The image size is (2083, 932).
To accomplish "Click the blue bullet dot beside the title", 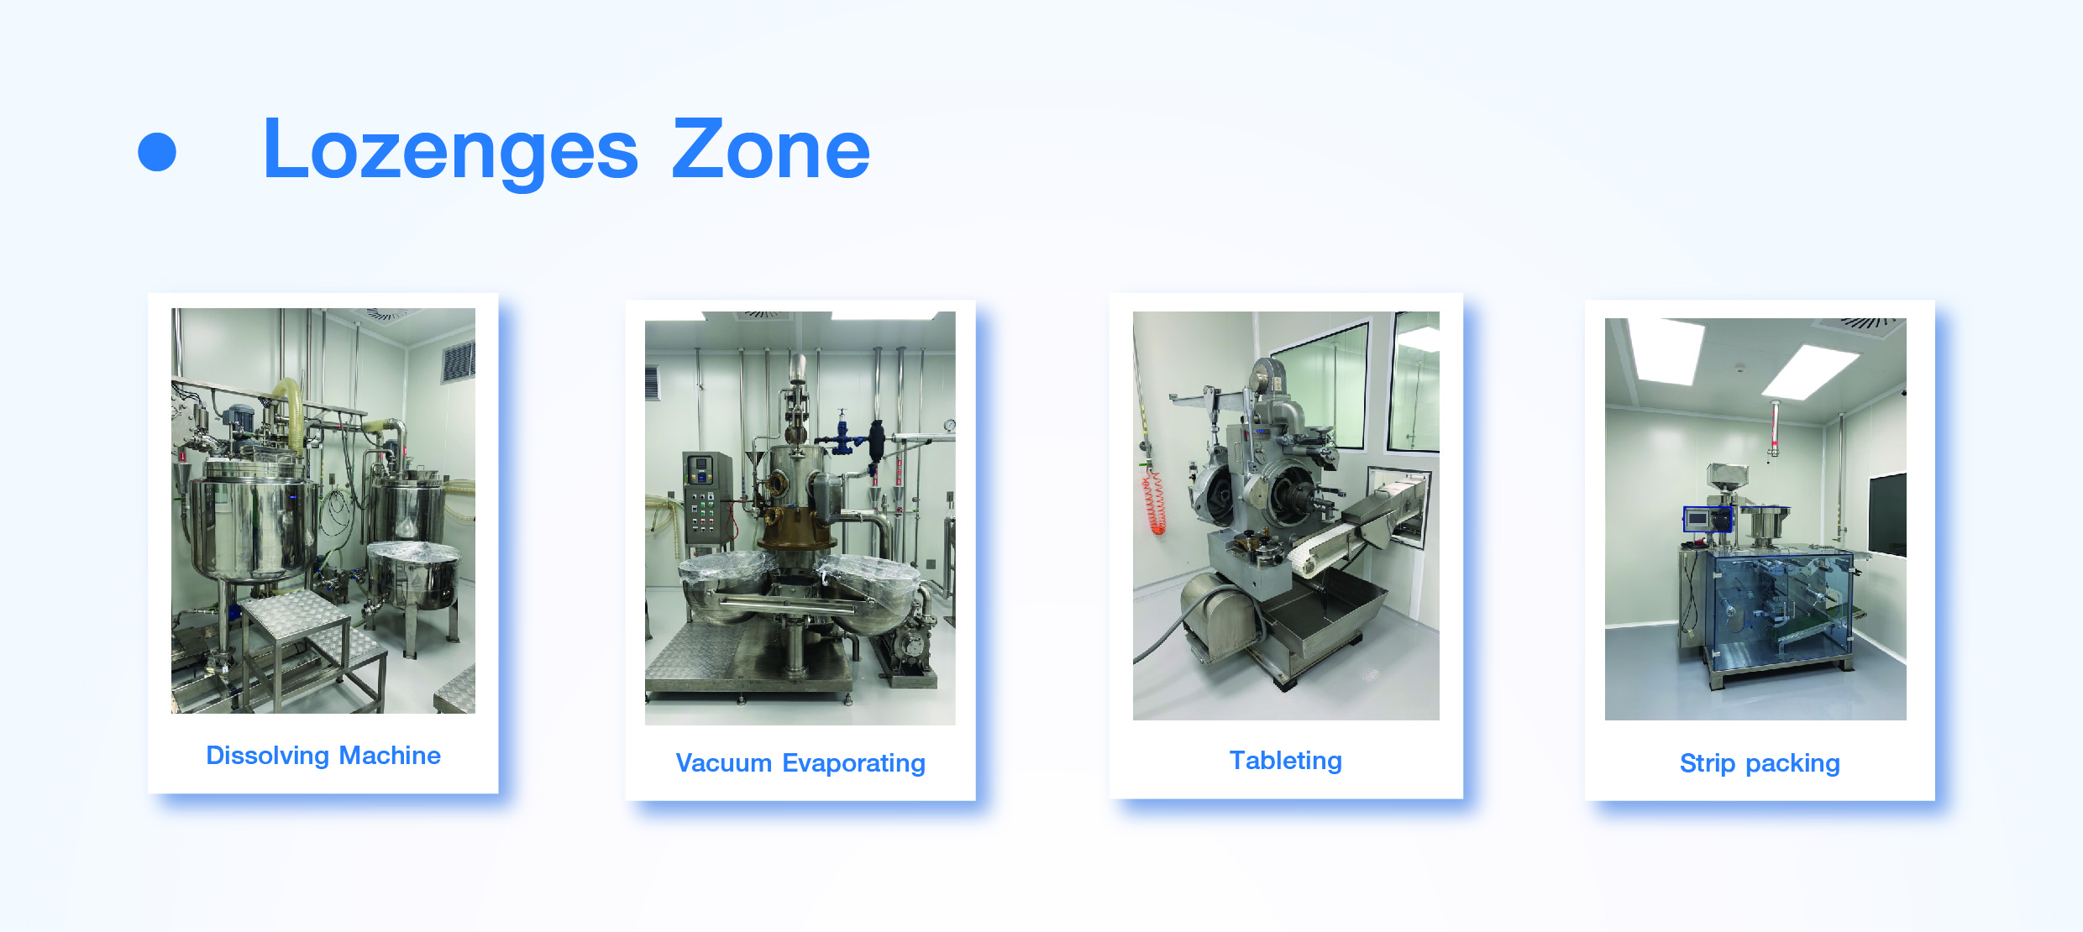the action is (x=157, y=152).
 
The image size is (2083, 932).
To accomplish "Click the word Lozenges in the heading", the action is (x=451, y=151).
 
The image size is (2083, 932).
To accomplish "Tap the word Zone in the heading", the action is (x=770, y=149).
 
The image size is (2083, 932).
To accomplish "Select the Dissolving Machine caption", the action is (x=323, y=756).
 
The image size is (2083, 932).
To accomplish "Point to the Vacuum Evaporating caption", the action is (x=800, y=763).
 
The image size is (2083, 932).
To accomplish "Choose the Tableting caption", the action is (x=1286, y=760).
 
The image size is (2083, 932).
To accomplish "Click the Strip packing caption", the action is (x=1760, y=763).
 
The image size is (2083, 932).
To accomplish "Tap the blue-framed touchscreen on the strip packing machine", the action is (x=1708, y=519).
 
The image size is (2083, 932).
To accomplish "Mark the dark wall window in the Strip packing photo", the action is (x=1887, y=514).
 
